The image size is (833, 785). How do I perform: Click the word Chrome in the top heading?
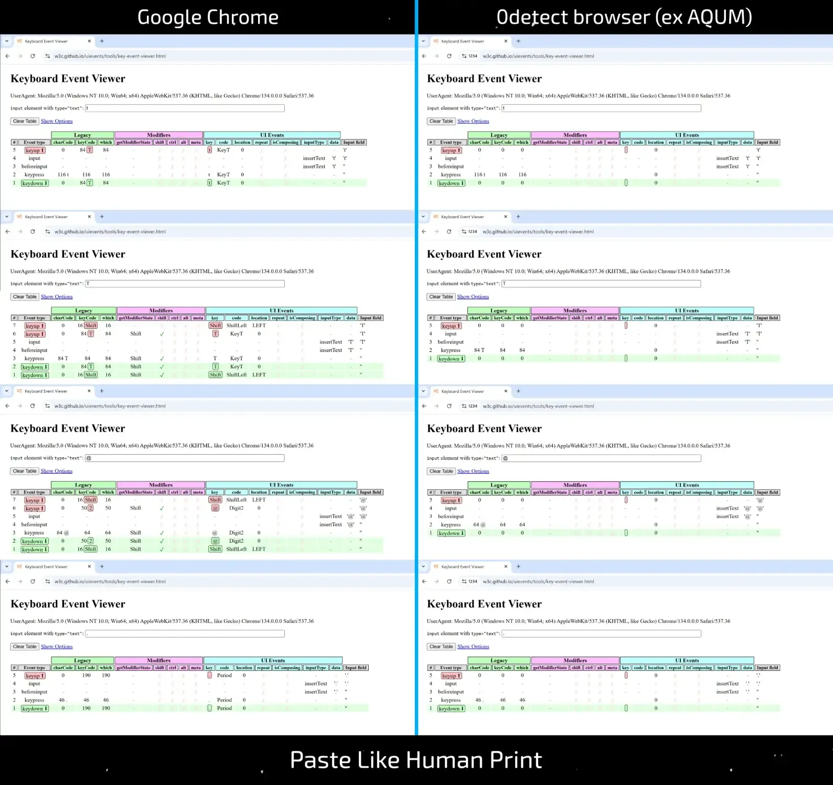click(x=242, y=17)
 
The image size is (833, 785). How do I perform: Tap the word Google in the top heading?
click(x=168, y=17)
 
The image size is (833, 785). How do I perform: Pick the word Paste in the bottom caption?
click(x=320, y=760)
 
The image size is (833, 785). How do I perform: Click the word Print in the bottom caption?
click(x=516, y=760)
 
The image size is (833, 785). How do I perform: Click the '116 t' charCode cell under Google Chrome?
click(x=63, y=175)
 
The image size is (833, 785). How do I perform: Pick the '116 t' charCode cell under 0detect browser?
click(x=479, y=175)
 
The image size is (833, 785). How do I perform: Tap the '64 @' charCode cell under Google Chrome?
click(x=63, y=533)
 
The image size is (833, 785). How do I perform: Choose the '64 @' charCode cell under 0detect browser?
click(x=479, y=524)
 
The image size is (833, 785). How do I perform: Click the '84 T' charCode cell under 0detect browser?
click(x=479, y=350)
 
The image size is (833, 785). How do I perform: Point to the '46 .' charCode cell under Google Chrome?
click(x=63, y=700)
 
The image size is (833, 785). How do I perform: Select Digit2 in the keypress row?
click(x=237, y=533)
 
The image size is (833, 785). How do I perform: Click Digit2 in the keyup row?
click(x=237, y=508)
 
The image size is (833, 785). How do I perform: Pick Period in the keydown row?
click(x=225, y=708)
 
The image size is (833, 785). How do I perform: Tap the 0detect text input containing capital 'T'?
click(x=601, y=284)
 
